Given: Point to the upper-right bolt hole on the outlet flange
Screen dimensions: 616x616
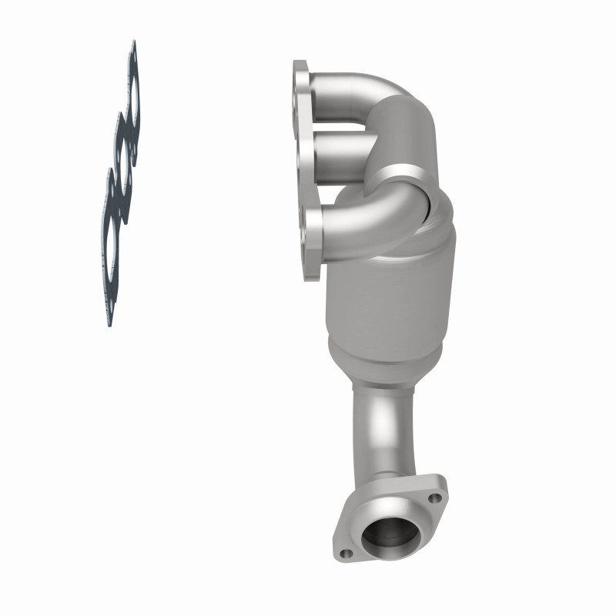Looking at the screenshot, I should click(436, 498).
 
